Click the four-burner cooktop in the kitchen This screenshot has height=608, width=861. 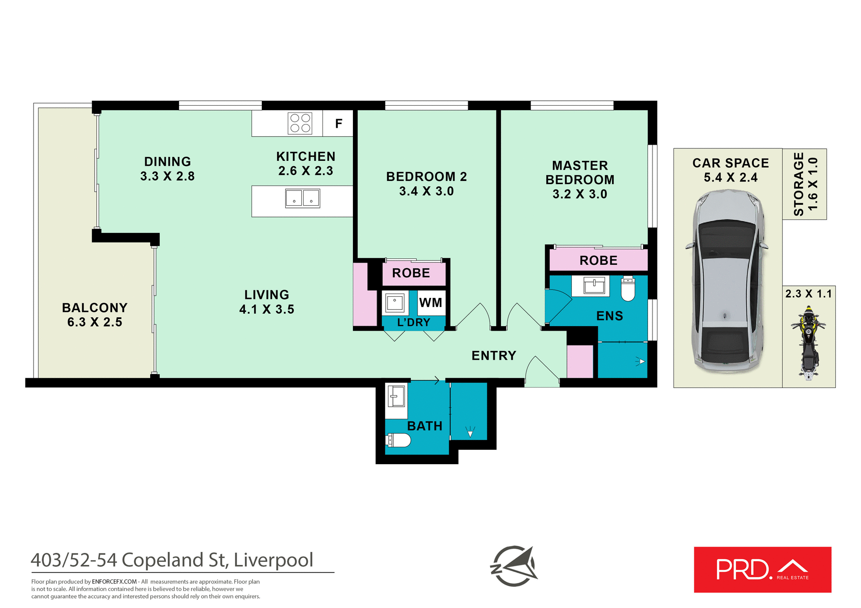300,123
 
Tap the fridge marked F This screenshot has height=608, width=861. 338,123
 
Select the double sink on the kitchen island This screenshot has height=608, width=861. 303,198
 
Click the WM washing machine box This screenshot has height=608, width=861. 430,303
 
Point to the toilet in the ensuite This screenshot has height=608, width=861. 628,289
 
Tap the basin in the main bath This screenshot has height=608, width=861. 396,396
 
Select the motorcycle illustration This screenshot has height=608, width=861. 808,342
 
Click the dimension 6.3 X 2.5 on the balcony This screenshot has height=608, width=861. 95,322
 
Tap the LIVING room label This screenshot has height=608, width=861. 266,295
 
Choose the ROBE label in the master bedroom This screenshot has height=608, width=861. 598,260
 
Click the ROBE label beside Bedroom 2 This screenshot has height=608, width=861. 411,273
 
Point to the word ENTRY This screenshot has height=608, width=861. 494,356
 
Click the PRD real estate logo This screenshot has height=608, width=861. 762,569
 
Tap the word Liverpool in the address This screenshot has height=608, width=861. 273,560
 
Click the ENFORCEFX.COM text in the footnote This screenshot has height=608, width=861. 114,582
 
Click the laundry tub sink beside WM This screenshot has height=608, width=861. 395,303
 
